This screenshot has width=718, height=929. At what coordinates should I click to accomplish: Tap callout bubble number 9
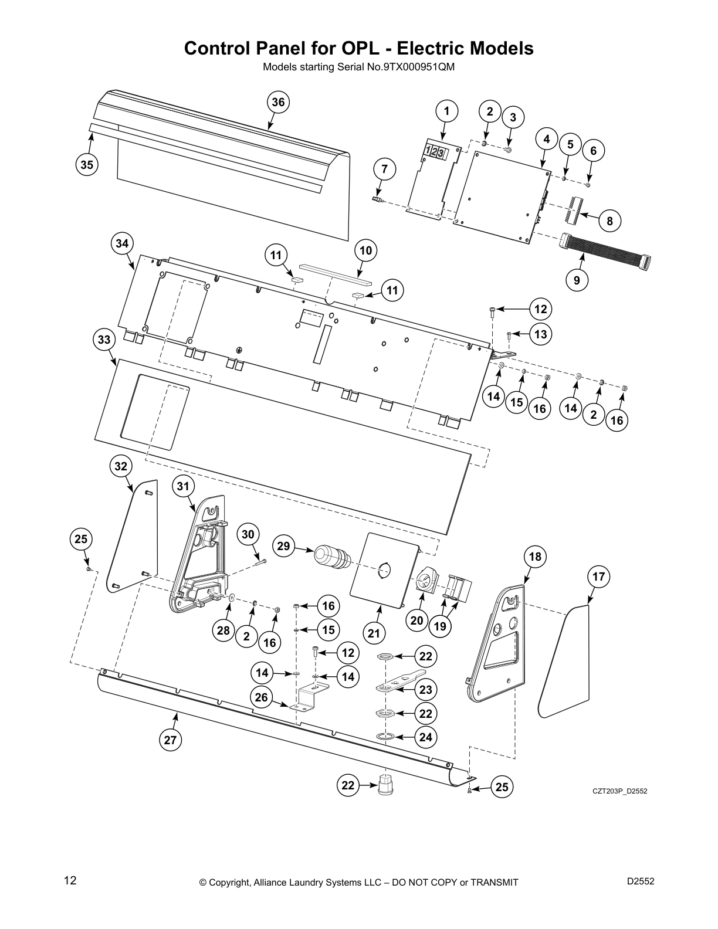(577, 280)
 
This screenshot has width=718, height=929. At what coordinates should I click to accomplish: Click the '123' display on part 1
(435, 152)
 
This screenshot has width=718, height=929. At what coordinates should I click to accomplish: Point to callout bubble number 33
(104, 340)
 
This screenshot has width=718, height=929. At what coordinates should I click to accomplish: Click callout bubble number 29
(283, 546)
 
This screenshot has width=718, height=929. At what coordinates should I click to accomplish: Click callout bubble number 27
(170, 740)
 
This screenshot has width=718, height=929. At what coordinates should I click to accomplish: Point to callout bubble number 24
(426, 737)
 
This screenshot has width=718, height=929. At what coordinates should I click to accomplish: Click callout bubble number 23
(426, 690)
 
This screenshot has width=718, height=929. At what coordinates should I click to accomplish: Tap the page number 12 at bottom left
(70, 881)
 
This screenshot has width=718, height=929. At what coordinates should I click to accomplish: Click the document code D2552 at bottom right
(640, 880)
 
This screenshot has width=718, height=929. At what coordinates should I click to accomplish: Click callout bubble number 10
(365, 251)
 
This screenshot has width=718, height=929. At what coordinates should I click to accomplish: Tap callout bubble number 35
(87, 165)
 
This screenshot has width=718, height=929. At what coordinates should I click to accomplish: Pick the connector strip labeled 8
(573, 210)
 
